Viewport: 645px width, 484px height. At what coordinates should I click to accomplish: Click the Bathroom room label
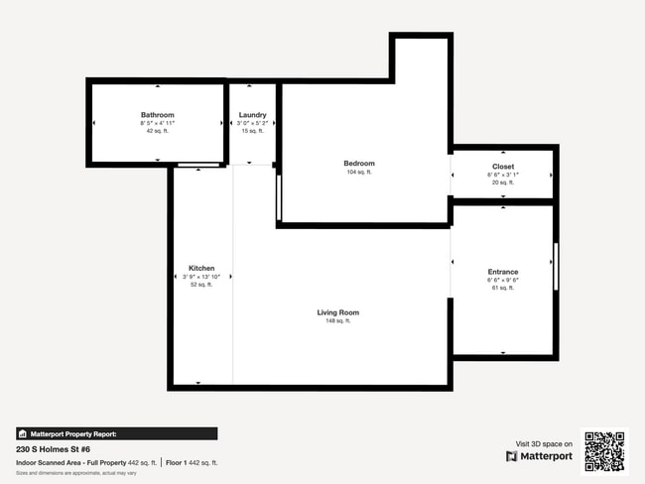157,115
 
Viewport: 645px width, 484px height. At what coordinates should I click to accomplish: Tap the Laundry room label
252,115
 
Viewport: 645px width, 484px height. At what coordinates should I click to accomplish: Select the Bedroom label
359,163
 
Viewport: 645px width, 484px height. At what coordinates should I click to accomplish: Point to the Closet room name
503,166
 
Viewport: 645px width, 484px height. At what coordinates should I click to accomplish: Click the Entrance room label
503,272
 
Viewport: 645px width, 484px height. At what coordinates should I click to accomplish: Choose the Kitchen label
202,268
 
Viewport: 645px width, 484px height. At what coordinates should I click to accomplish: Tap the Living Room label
337,312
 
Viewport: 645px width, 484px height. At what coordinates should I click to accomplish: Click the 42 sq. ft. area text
157,131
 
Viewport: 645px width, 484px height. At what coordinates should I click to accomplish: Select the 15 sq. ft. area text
252,131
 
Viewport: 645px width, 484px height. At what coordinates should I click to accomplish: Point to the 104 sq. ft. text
359,173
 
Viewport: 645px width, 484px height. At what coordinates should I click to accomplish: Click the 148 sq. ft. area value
337,321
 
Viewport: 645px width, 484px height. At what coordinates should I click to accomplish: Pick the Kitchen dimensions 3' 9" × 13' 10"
202,277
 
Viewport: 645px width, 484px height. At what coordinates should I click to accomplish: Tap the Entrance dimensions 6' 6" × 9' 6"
503,280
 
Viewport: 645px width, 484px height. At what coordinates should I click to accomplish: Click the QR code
604,451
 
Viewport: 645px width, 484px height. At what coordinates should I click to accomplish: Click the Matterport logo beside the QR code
540,456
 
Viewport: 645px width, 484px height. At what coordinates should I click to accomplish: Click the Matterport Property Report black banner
116,433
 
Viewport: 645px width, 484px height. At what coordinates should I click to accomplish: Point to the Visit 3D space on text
544,443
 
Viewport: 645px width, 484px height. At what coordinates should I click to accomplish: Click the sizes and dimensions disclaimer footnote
76,472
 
